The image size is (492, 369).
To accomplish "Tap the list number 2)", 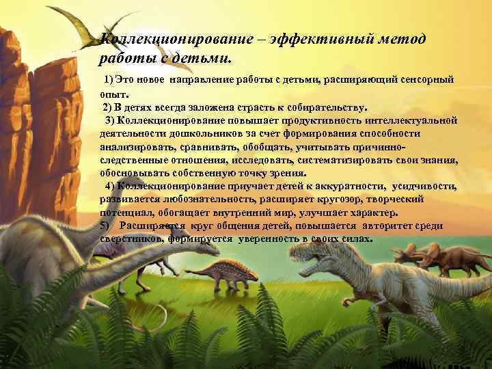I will point(109,108).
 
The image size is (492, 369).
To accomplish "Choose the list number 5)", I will point(105,225).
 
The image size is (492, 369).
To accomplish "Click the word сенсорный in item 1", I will point(427,80).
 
